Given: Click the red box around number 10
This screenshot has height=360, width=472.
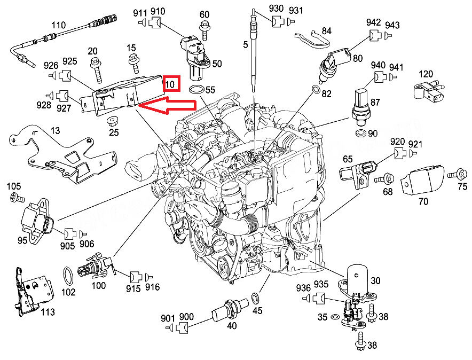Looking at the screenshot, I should pyautogui.click(x=172, y=84).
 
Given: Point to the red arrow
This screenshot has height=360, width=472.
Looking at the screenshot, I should pyautogui.click(x=166, y=106).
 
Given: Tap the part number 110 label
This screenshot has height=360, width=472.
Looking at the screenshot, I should pyautogui.click(x=58, y=26).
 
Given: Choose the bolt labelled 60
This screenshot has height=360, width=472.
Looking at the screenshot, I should pyautogui.click(x=204, y=26).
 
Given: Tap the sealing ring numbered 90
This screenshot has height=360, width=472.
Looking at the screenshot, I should pyautogui.click(x=360, y=131).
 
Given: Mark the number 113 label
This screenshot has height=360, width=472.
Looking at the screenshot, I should pyautogui.click(x=48, y=311).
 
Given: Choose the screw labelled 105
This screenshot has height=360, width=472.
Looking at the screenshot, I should pyautogui.click(x=17, y=198).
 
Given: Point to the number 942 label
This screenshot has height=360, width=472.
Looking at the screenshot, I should pyautogui.click(x=374, y=22).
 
